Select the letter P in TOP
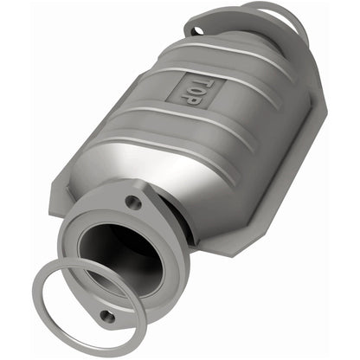pyautogui.click(x=181, y=98)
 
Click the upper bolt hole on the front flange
pyautogui.click(x=132, y=202)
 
